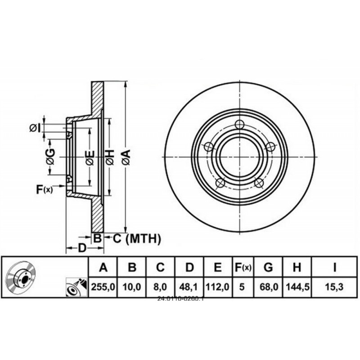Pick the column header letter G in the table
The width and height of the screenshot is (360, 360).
tap(268, 268)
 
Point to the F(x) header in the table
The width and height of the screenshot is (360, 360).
tap(243, 268)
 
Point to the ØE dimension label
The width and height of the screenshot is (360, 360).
tap(90, 157)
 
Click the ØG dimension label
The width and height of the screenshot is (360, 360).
tap(51, 157)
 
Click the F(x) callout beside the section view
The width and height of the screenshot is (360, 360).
tap(44, 189)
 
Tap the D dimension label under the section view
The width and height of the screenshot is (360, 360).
tap(82, 248)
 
